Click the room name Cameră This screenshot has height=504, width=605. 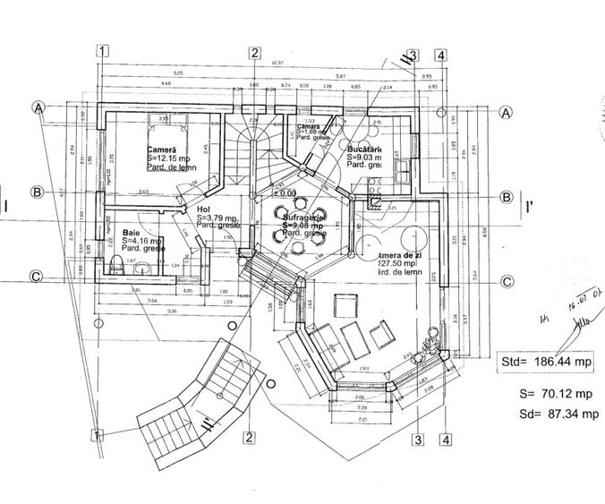pyautogui.click(x=162, y=149)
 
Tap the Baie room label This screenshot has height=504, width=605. pyautogui.click(x=131, y=232)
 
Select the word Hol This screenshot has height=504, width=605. pyautogui.click(x=202, y=209)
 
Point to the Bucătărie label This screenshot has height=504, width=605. pyautogui.click(x=366, y=149)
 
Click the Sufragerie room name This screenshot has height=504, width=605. pyautogui.click(x=301, y=218)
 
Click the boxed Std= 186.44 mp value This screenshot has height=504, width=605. pyautogui.click(x=546, y=362)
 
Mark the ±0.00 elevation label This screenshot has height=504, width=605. pyautogui.click(x=284, y=192)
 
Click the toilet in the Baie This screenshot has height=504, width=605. pyautogui.click(x=117, y=264)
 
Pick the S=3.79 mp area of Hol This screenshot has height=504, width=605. pyautogui.click(x=217, y=218)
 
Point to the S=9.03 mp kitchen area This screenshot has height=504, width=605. pyautogui.click(x=367, y=157)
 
